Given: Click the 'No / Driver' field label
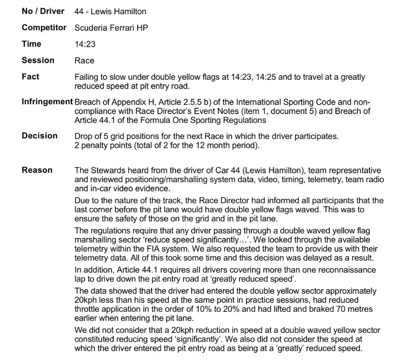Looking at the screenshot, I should coord(43,11).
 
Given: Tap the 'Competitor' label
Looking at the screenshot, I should coord(44,28).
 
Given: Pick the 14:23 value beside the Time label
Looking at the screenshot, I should coord(85,44).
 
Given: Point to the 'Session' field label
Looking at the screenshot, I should coord(38,60).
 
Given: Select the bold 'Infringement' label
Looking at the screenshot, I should coord(47,102).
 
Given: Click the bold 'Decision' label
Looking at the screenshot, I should coord(40,135).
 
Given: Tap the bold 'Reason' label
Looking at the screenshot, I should coord(37,170).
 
